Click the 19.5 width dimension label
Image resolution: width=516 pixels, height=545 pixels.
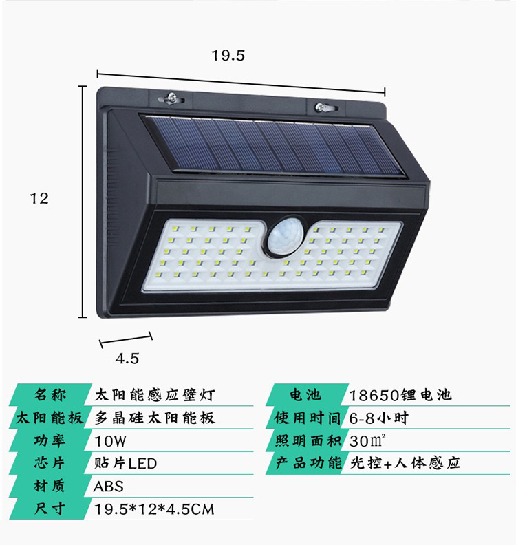tap(228, 56)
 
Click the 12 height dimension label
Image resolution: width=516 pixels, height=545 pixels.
tap(39, 198)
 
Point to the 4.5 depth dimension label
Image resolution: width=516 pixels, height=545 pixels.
tap(127, 359)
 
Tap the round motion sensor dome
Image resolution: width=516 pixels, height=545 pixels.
tap(284, 237)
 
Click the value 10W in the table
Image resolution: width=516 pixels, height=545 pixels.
tap(110, 441)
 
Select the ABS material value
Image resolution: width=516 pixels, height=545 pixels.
tap(109, 487)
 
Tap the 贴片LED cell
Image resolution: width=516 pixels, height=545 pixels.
tap(125, 463)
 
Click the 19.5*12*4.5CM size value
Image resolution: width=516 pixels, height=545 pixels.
tap(154, 509)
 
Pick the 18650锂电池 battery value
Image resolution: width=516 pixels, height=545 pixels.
tap(400, 395)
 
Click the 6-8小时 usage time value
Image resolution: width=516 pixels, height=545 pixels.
tap(379, 418)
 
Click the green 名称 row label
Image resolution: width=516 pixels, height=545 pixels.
tap(50, 395)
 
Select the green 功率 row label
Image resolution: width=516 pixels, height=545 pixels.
tap(50, 440)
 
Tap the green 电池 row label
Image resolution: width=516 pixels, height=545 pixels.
tap(305, 395)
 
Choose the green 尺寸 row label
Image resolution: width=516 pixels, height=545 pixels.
tap(50, 509)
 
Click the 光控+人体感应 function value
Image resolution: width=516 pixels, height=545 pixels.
tap(405, 463)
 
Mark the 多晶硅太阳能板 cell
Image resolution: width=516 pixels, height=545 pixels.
tap(155, 418)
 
